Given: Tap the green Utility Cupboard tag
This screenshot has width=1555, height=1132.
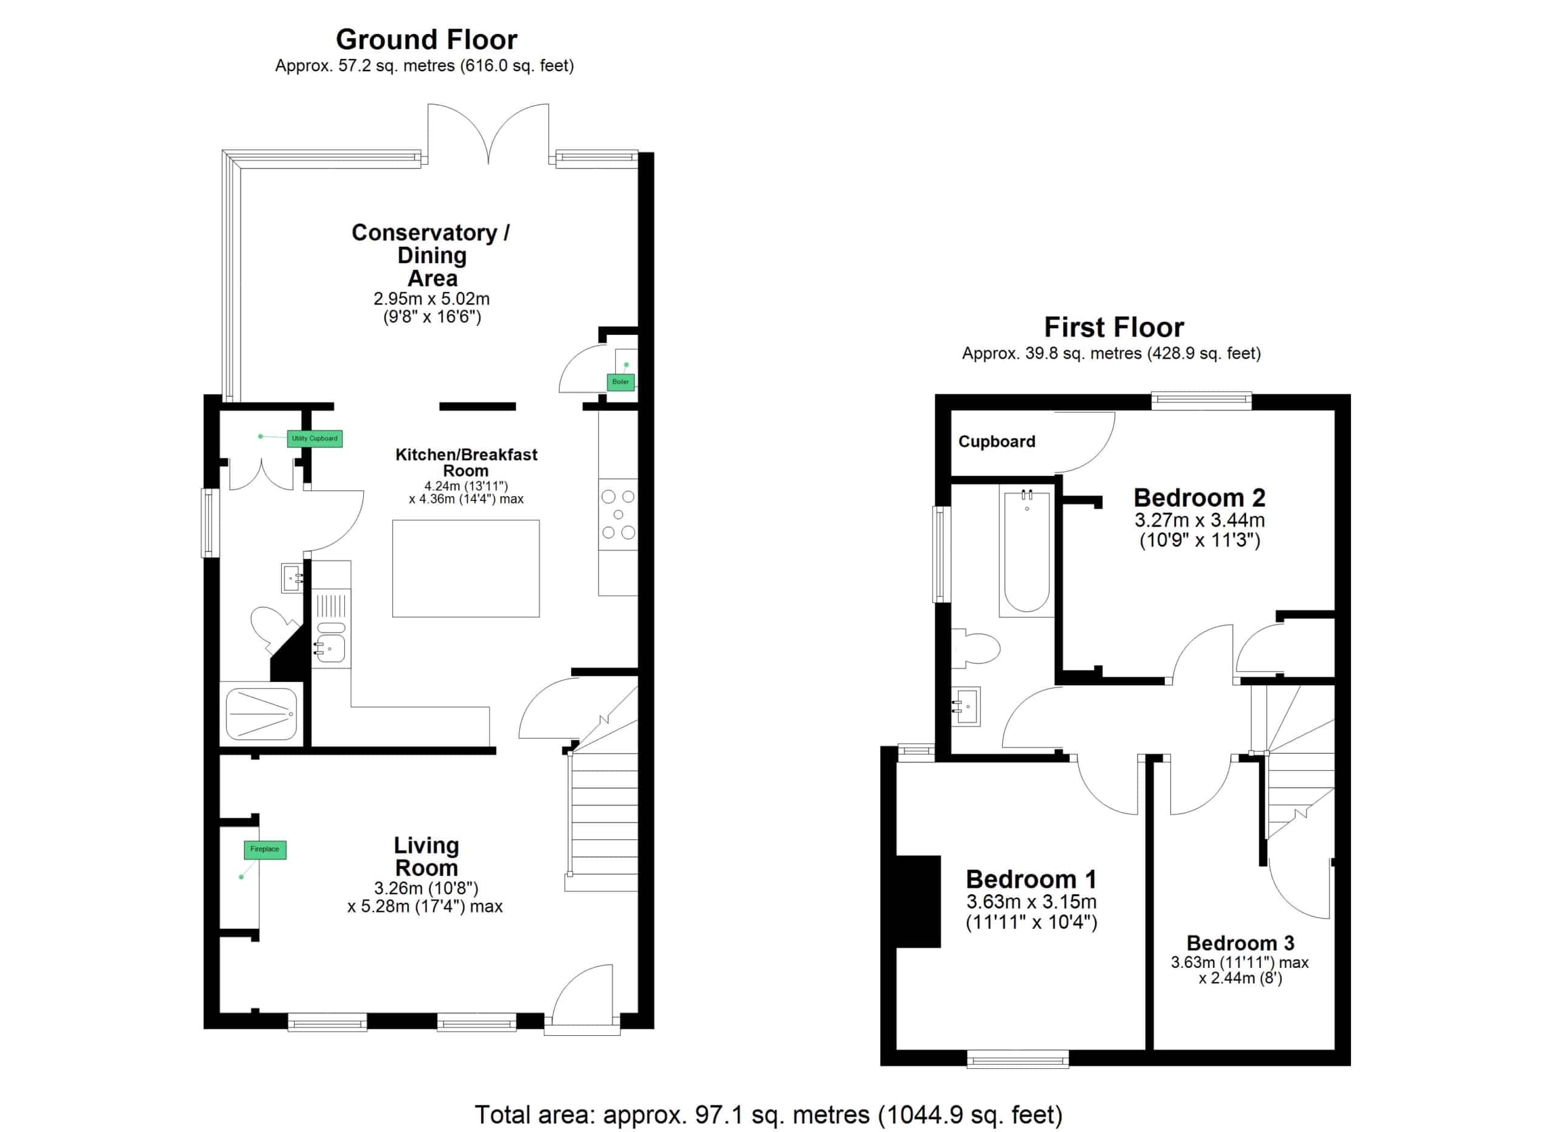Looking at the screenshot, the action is point(314,438).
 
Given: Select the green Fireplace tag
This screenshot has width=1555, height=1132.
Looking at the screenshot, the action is point(265,849).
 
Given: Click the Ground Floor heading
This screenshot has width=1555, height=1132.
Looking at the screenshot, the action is point(426,40).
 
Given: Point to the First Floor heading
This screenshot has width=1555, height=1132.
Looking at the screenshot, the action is point(1113,327).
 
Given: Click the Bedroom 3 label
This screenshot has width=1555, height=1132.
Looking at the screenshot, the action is point(1240,943).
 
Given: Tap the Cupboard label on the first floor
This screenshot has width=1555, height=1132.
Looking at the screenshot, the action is point(996,441).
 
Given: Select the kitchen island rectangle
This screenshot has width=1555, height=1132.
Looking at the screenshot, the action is point(465,568).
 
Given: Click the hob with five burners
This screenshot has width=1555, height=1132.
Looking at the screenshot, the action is point(618,514).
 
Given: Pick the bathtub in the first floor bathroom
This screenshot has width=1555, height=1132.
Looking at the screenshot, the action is point(1027,551).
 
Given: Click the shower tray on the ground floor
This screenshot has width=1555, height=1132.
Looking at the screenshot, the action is point(261,714).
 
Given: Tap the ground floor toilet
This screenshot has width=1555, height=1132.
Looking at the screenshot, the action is point(272,628).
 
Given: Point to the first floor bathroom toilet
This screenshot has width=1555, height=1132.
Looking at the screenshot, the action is point(976,647).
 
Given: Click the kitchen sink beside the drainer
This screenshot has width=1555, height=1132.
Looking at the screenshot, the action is point(330,647).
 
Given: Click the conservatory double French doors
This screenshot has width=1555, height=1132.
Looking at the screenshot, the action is point(488,134).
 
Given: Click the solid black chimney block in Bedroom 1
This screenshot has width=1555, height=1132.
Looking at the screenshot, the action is point(918,902).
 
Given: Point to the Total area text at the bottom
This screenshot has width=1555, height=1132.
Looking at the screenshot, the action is point(768,1115).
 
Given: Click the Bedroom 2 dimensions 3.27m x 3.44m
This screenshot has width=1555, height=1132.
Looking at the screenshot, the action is point(1199,520).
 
